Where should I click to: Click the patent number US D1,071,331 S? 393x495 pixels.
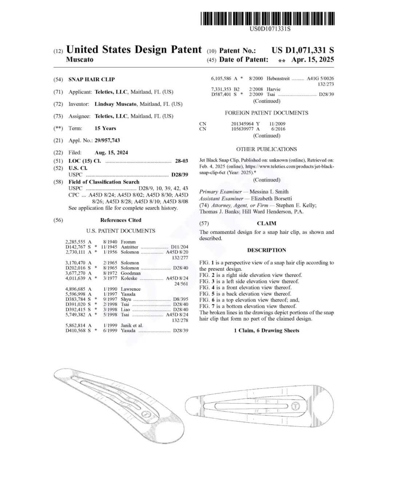coord(302,50)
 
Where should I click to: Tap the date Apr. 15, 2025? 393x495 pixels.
coord(312,60)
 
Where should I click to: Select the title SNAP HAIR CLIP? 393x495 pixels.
coord(91,79)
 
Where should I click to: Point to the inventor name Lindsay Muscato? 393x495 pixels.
coord(115,104)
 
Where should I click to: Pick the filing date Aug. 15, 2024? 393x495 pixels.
coord(111,153)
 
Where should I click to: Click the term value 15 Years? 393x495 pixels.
coord(105,128)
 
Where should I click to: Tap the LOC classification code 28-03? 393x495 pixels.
coord(181,161)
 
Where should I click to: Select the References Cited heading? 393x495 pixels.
coord(120,220)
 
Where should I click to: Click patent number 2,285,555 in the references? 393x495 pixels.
coord(75,242)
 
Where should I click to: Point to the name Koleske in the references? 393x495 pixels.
coord(129,278)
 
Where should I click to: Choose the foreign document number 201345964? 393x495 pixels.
coord(242,124)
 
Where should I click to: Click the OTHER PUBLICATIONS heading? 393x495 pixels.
coord(266,149)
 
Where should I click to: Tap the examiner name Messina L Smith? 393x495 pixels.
coord(269,192)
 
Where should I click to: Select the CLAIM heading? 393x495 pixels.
coord(266,223)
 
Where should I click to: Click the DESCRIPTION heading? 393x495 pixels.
coord(266,250)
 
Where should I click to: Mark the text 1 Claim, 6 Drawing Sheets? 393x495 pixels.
coord(266,330)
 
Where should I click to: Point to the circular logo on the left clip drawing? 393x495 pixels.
coord(146,414)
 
